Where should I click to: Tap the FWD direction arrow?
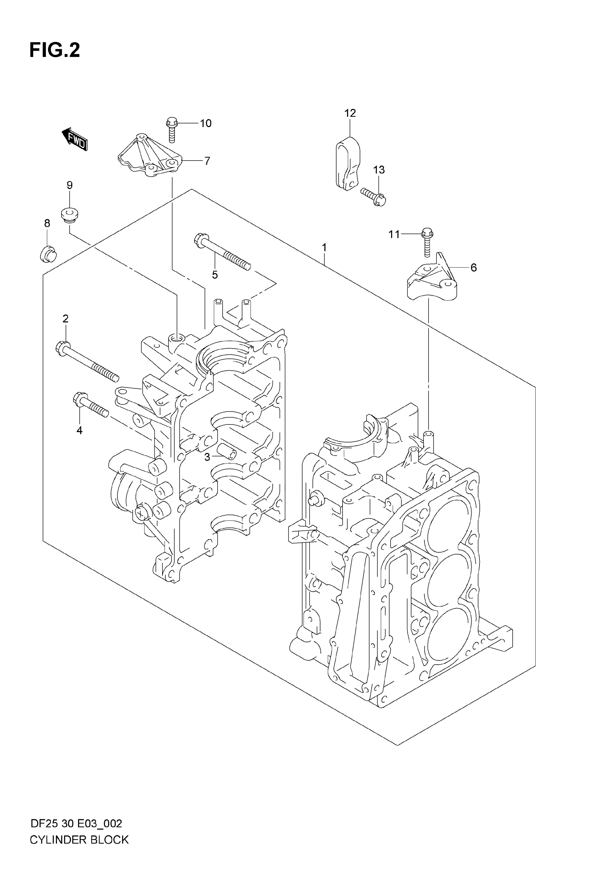point(75,139)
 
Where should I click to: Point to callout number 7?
point(207,161)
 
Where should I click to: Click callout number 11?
point(394,235)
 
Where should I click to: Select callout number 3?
point(207,457)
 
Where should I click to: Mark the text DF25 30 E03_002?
point(76,834)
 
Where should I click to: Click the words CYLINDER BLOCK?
point(79,851)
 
